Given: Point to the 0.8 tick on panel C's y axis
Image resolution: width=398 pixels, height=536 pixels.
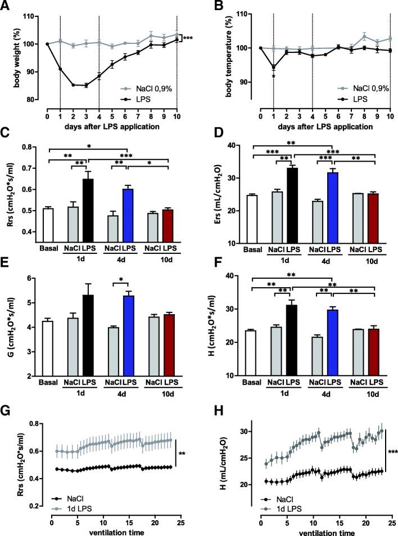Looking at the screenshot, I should (33, 148).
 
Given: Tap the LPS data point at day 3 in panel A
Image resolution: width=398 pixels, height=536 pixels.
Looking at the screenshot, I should (86, 86).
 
